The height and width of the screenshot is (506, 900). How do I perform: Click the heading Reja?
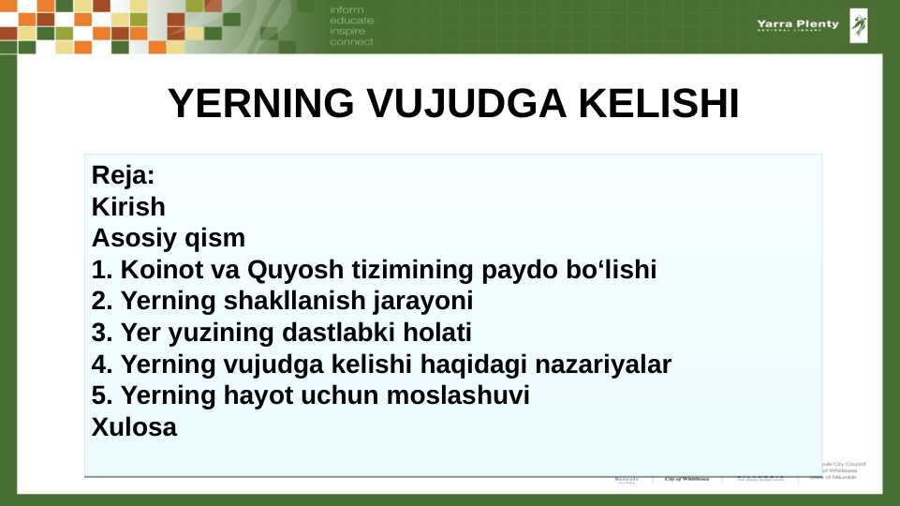123,175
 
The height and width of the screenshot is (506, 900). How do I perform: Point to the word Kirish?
128,206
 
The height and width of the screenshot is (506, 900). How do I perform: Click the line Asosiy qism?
169,238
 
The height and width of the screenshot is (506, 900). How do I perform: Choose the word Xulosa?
134,427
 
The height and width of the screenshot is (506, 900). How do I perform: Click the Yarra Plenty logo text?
798,24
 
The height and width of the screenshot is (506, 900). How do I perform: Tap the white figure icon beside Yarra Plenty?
858,25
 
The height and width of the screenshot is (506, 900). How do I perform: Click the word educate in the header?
351,20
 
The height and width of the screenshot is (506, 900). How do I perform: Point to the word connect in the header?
351,42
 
